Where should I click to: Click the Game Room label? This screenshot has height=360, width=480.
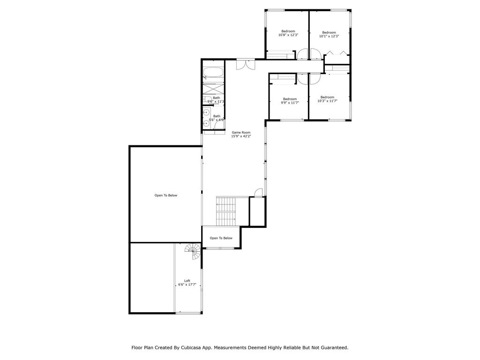[241, 133]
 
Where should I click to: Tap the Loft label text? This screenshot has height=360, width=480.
[187, 281]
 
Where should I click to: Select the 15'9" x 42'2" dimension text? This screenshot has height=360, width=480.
[241, 136]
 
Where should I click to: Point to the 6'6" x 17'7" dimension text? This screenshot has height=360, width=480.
[187, 285]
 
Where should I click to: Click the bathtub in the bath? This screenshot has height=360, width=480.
[213, 74]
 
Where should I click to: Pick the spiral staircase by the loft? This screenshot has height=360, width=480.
[193, 251]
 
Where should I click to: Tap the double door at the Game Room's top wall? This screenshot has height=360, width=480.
[246, 64]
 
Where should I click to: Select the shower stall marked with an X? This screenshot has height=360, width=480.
[213, 89]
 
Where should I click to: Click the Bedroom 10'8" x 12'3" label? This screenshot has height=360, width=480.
[288, 33]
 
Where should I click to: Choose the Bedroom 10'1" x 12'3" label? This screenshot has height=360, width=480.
[329, 34]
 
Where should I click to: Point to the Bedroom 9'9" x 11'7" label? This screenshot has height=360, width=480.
[290, 101]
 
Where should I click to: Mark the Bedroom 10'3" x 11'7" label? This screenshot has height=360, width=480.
[327, 99]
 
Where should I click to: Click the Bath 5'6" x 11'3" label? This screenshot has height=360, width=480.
[216, 99]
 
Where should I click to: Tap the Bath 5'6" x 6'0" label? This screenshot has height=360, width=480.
[217, 118]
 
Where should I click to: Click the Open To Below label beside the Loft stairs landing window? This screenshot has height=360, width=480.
[221, 238]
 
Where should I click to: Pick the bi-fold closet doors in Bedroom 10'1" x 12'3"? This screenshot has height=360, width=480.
[336, 53]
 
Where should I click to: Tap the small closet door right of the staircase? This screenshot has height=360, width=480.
[259, 192]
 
